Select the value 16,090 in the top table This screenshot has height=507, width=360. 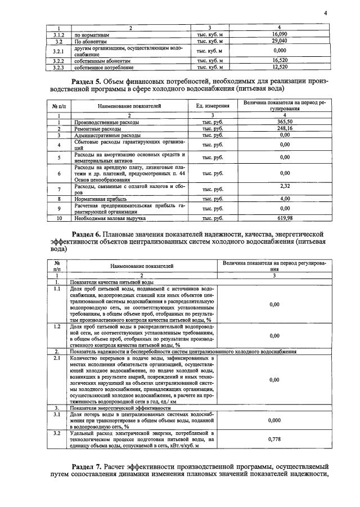point(280,34)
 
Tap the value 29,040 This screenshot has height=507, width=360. point(280,41)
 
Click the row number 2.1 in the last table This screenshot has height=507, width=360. point(57,358)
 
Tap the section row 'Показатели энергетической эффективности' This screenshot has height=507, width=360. point(118,407)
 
